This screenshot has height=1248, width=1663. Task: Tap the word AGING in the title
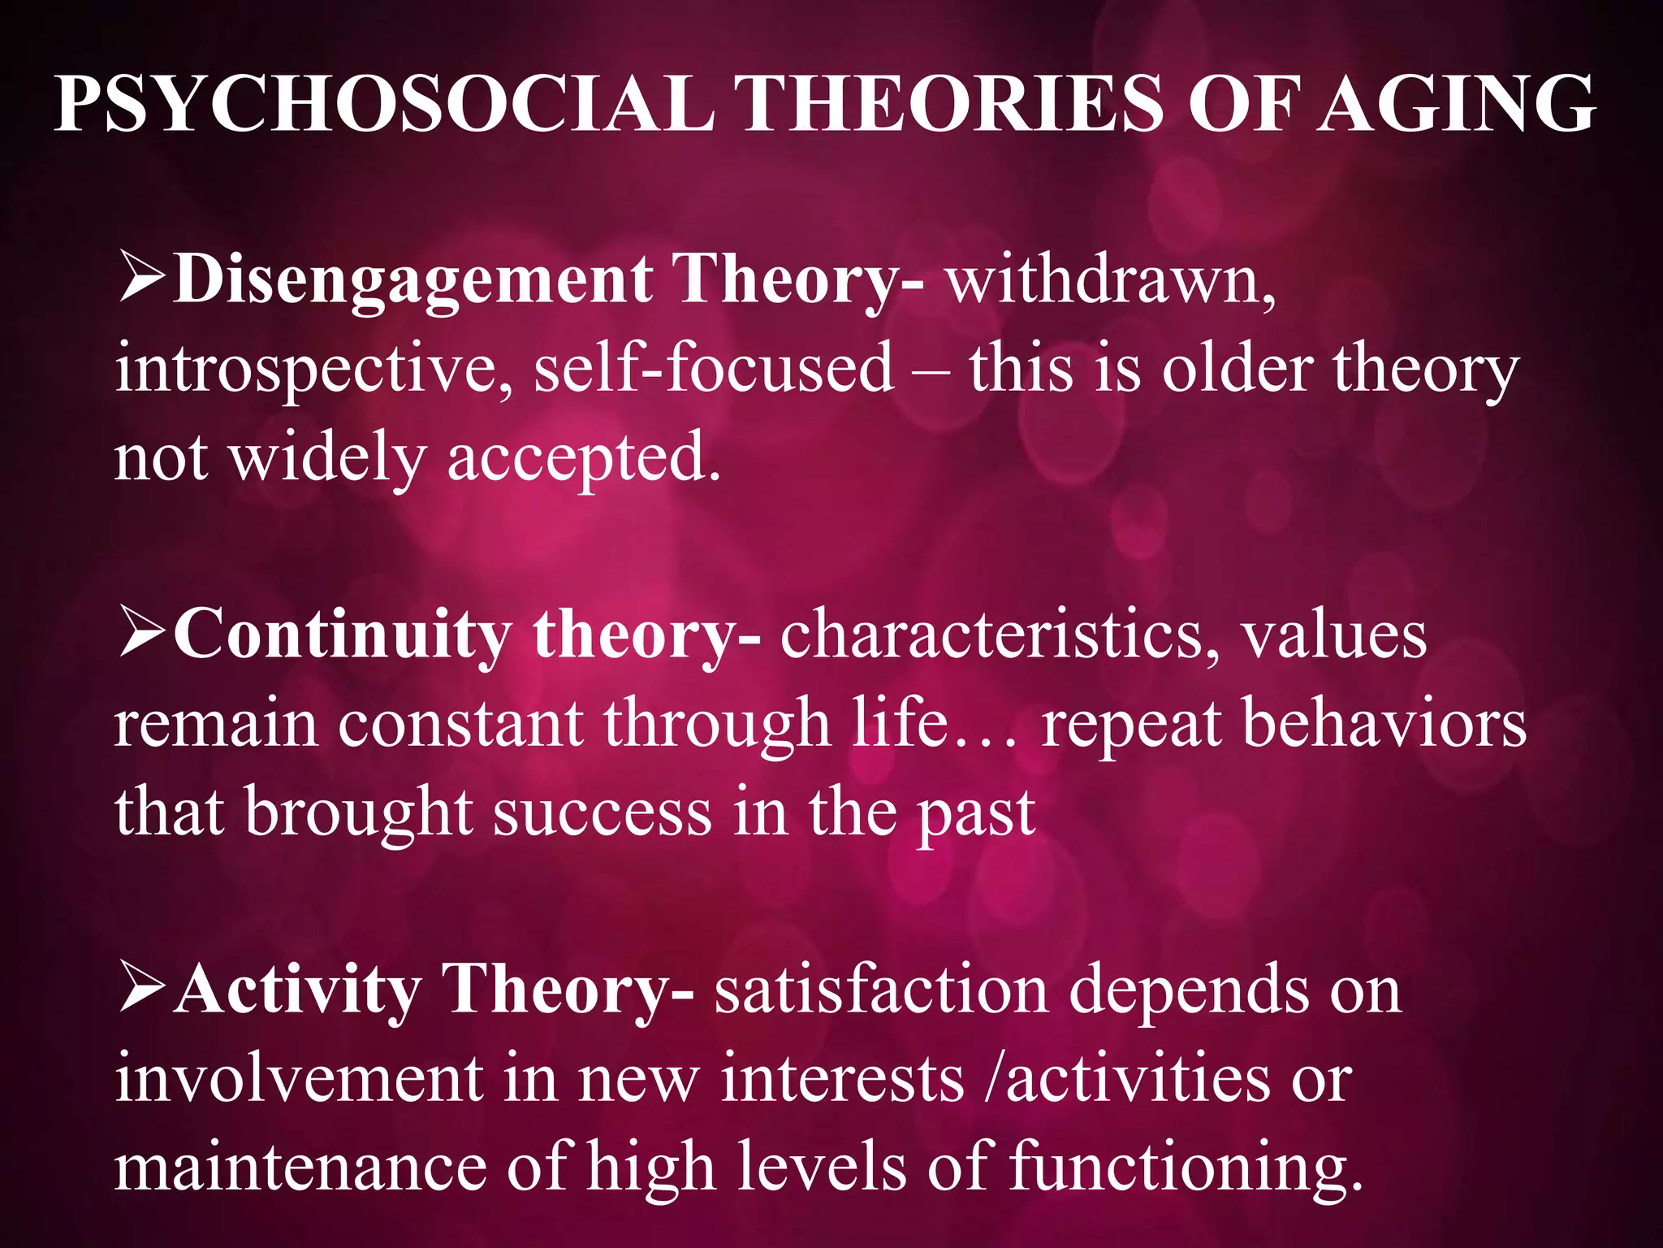pos(1457,104)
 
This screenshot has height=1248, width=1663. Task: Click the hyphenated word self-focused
pos(715,369)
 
